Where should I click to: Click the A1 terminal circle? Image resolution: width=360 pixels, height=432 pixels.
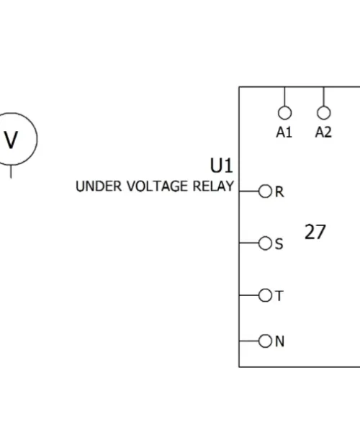click(x=285, y=107)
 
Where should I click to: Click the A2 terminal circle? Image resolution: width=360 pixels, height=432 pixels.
click(x=324, y=107)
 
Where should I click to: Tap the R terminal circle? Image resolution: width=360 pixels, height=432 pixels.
click(x=258, y=192)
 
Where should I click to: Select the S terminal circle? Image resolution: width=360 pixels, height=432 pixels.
click(x=258, y=243)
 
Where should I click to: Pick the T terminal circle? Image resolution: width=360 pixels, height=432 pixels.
click(x=258, y=295)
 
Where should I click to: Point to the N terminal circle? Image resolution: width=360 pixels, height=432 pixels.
click(x=258, y=341)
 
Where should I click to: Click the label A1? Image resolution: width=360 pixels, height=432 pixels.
click(x=284, y=132)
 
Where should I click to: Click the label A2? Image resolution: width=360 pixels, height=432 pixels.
click(x=323, y=132)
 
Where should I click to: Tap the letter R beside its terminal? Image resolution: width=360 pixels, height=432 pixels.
click(x=279, y=192)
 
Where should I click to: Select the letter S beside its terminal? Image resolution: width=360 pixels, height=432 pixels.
click(x=279, y=244)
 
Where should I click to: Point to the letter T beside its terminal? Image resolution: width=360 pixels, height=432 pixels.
click(x=279, y=296)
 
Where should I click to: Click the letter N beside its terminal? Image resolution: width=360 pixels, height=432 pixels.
click(x=279, y=341)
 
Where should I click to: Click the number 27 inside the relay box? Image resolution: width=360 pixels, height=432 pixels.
click(x=315, y=232)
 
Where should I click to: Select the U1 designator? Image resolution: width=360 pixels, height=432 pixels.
click(x=221, y=166)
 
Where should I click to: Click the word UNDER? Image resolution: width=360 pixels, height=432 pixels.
click(x=99, y=186)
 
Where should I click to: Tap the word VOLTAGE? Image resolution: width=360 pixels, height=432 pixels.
click(x=157, y=186)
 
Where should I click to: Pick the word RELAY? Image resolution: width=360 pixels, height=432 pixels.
click(x=213, y=186)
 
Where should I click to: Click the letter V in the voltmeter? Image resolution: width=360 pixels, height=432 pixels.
click(x=11, y=140)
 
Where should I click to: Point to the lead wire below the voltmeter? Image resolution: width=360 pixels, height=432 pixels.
click(x=11, y=171)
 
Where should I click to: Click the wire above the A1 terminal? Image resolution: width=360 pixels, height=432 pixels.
click(x=285, y=96)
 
